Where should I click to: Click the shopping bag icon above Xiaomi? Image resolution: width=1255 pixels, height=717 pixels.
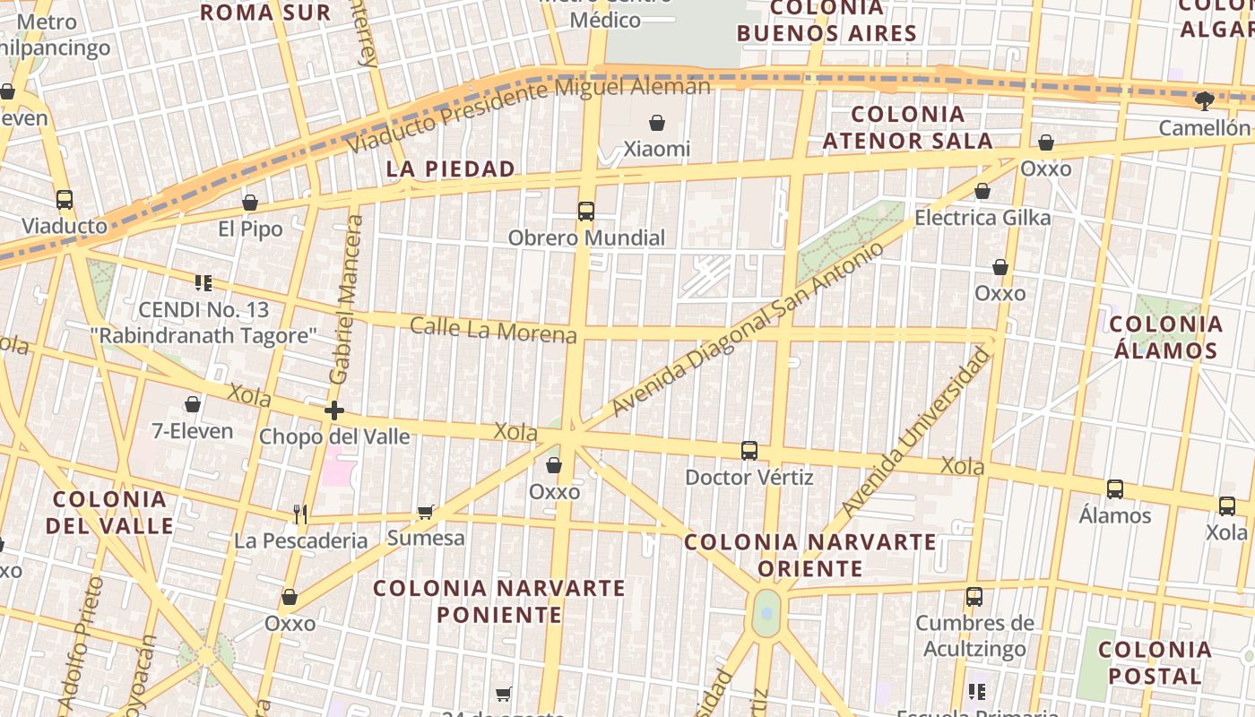pyautogui.click(x=657, y=123)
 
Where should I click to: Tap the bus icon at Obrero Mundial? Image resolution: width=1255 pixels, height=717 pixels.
pyautogui.click(x=586, y=212)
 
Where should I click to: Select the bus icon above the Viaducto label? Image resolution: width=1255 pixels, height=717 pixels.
pyautogui.click(x=65, y=199)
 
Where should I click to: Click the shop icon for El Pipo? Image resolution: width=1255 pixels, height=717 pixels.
pyautogui.click(x=250, y=203)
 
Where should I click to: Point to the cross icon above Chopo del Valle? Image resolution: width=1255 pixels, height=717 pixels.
pyautogui.click(x=333, y=410)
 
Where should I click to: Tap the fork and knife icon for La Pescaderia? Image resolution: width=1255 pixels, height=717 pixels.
pyautogui.click(x=300, y=514)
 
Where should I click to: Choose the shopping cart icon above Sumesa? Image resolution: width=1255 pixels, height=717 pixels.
pyautogui.click(x=425, y=512)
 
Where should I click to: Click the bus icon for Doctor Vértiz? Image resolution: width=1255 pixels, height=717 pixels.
pyautogui.click(x=749, y=451)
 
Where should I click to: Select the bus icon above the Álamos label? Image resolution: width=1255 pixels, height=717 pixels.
pyautogui.click(x=1115, y=489)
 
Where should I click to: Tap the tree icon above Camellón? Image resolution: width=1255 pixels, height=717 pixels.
pyautogui.click(x=1205, y=100)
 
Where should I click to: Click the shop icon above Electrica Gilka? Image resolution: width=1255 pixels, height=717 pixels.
pyautogui.click(x=982, y=191)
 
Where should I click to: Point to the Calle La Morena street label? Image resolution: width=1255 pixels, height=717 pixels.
pyautogui.click(x=493, y=330)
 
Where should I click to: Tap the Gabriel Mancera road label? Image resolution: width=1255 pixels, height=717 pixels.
pyautogui.click(x=346, y=299)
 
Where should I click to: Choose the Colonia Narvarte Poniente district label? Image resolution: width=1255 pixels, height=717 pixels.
pyautogui.click(x=498, y=600)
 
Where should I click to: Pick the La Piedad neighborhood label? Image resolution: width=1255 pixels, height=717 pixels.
pyautogui.click(x=451, y=168)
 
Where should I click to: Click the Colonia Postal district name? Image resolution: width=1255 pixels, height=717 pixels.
pyautogui.click(x=1155, y=662)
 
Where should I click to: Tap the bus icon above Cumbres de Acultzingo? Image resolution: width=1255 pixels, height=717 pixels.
pyautogui.click(x=974, y=596)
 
